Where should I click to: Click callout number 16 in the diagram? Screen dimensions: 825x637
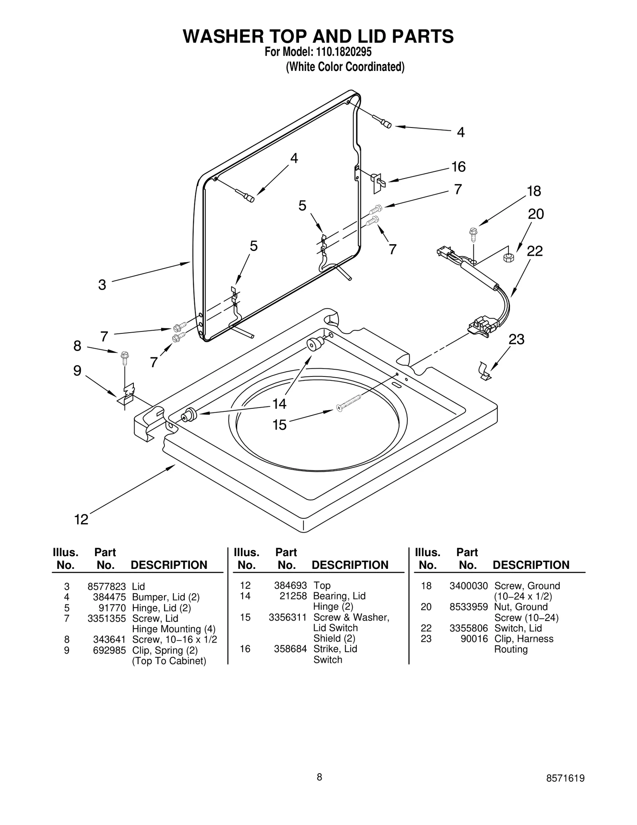[x=458, y=167]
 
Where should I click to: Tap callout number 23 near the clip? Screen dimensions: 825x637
[x=516, y=339]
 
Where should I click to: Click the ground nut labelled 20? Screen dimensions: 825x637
[x=508, y=257]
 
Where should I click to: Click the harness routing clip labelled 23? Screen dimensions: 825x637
[x=484, y=371]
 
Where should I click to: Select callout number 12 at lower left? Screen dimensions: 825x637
[x=81, y=519]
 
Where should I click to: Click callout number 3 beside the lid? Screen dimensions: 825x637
[x=102, y=284]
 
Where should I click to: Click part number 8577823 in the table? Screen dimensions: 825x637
[x=106, y=586]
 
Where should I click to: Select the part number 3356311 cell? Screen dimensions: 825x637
[x=287, y=617]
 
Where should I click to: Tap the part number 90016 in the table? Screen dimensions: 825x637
[x=477, y=639]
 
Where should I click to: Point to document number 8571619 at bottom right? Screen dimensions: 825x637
[x=565, y=778]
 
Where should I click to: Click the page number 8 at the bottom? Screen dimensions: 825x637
[x=319, y=777]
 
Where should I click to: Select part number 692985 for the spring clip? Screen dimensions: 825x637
[x=109, y=650]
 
